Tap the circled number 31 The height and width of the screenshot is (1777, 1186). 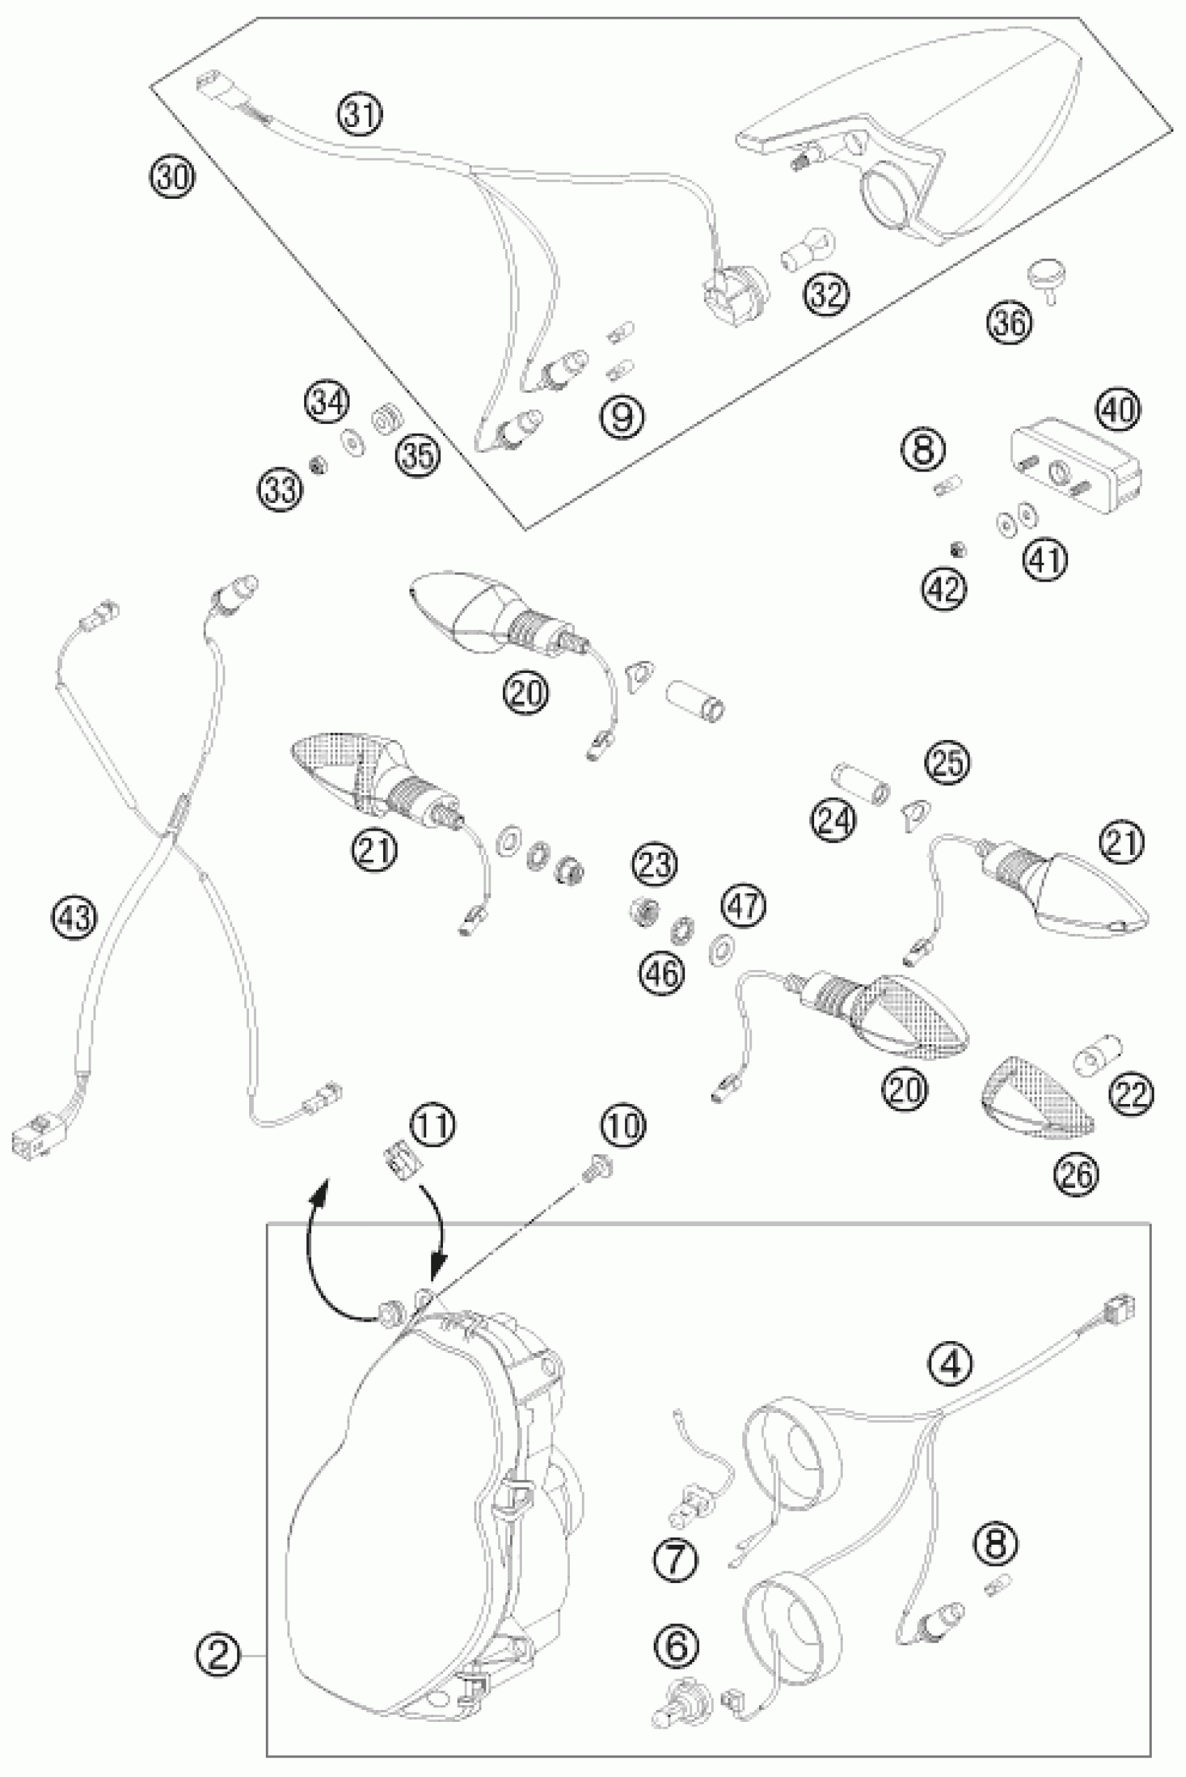point(360,116)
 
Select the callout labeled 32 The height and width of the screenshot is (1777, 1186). point(826,294)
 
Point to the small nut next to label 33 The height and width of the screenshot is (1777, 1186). point(320,464)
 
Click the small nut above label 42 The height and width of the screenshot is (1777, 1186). point(960,549)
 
